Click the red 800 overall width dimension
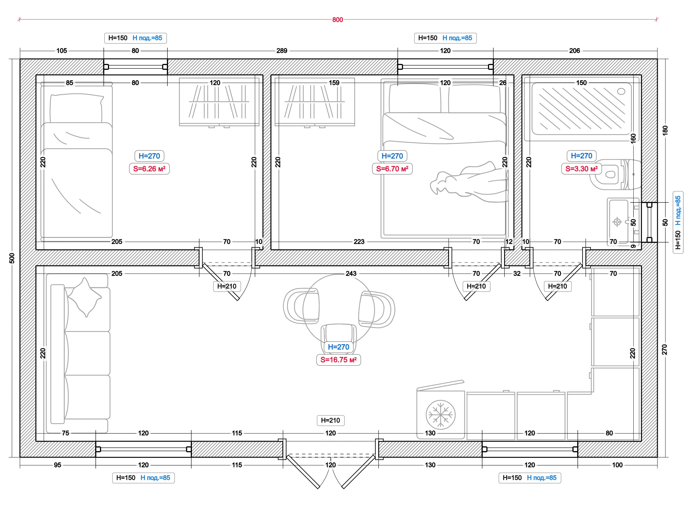(x=337, y=20)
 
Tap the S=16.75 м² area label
(x=338, y=360)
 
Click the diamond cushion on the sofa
(x=84, y=297)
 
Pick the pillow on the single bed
(x=76, y=108)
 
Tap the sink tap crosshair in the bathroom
(x=617, y=222)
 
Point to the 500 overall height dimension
(x=12, y=258)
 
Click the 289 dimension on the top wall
(x=282, y=51)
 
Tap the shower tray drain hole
(x=621, y=92)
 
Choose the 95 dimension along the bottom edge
(x=57, y=465)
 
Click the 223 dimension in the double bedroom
(x=359, y=242)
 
